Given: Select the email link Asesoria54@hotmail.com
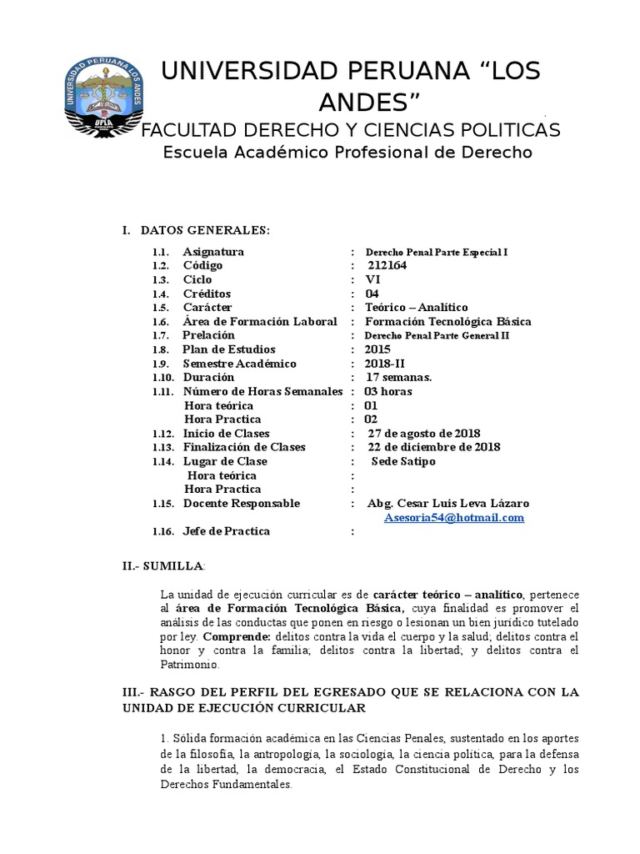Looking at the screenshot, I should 454,518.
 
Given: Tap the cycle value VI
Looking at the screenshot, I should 372,279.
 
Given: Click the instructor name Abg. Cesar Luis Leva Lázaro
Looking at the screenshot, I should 447,504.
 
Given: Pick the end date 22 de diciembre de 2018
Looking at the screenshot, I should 434,447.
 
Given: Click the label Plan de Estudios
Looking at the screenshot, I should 229,349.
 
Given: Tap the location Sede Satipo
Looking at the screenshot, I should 404,461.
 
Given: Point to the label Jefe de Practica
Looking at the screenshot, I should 227,531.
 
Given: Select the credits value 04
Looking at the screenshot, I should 372,294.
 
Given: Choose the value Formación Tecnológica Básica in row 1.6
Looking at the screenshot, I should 447,321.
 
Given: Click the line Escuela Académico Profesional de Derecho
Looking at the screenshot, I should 347,153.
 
